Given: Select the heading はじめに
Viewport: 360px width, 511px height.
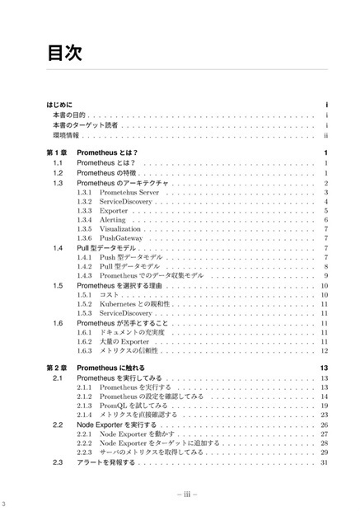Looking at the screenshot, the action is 59,105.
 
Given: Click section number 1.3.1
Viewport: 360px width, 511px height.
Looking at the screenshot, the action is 84,191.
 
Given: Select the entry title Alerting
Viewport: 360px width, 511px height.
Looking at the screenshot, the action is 113,220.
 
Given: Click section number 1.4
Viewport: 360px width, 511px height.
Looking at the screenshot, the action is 58,248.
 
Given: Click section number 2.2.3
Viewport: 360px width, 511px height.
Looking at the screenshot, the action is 84,452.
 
